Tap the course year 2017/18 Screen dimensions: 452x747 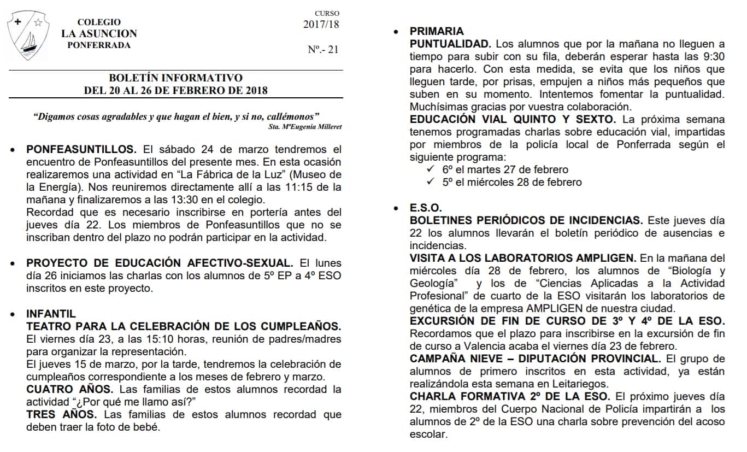pyautogui.click(x=321, y=24)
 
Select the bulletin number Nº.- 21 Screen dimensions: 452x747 pyautogui.click(x=323, y=50)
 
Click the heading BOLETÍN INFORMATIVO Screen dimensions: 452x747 pyautogui.click(x=175, y=78)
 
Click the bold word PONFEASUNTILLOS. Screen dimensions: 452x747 pyautogui.click(x=81, y=150)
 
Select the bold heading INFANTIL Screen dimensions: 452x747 pyautogui.click(x=51, y=314)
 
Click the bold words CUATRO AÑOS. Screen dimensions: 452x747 pyautogui.click(x=69, y=389)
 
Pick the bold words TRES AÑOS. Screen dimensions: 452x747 pyautogui.click(x=62, y=414)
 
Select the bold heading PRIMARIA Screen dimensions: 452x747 pyautogui.click(x=437, y=31)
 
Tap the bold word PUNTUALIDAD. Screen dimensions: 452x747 pyautogui.click(x=451, y=44)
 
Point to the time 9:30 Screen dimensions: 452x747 pyautogui.click(x=714, y=56)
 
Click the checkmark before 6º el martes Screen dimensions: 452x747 pyautogui.click(x=431, y=169)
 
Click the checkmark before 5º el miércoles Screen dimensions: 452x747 pyautogui.click(x=431, y=182)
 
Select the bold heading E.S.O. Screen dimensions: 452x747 pyautogui.click(x=426, y=208)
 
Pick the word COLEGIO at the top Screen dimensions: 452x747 pyautogui.click(x=99, y=22)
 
